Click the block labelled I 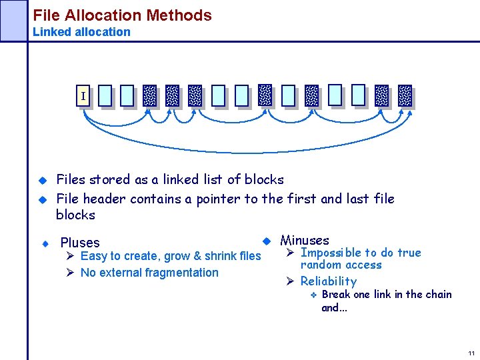[83, 96]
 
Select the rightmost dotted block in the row [405, 96]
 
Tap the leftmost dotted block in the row [150, 96]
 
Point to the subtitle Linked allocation [81, 31]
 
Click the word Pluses [80, 243]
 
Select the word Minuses [305, 240]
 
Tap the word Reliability [328, 281]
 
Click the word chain [437, 294]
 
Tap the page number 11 [471, 353]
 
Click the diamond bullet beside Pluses [44, 243]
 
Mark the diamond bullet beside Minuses [265, 240]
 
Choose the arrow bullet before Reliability [290, 281]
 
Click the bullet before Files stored [41, 180]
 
